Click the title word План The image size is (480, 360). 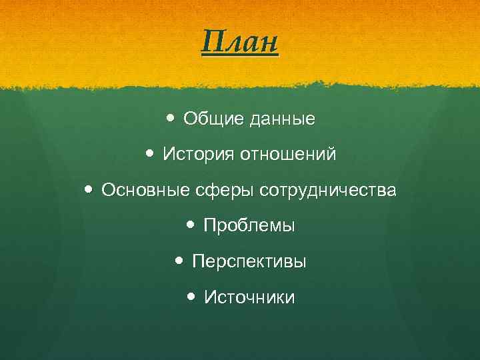(x=239, y=44)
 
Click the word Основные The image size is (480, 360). (x=139, y=191)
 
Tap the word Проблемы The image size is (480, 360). (x=249, y=226)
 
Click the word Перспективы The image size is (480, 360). (x=249, y=262)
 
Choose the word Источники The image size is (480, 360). (x=249, y=297)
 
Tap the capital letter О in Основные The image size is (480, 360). (x=108, y=191)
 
